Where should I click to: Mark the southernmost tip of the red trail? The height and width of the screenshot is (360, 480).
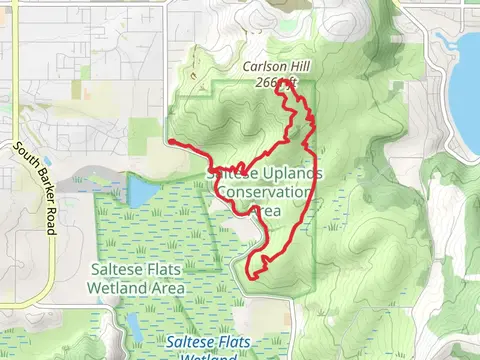[249, 273]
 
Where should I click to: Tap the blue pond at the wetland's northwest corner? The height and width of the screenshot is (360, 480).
[143, 191]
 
